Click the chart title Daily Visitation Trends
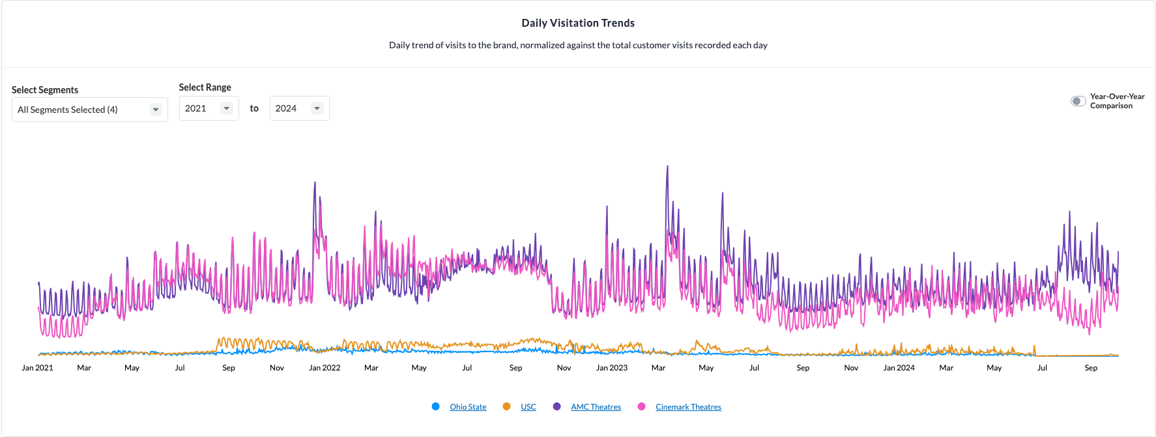pos(578,23)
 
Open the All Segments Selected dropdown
pos(89,110)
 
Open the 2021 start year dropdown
pos(209,108)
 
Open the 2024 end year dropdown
pos(299,108)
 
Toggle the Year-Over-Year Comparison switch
pos(1078,101)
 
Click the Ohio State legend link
pos(468,407)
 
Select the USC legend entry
pos(528,407)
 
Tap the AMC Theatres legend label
pos(596,407)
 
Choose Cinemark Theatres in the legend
pos(688,407)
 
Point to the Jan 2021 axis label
pos(38,368)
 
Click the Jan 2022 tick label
pos(325,368)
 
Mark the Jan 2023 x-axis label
pos(612,368)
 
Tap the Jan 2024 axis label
pos(899,368)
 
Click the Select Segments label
pos(45,90)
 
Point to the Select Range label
pos(205,87)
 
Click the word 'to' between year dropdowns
pos(254,108)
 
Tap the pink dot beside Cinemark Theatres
pos(642,406)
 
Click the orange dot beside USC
pos(506,406)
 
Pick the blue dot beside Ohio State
pos(435,406)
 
